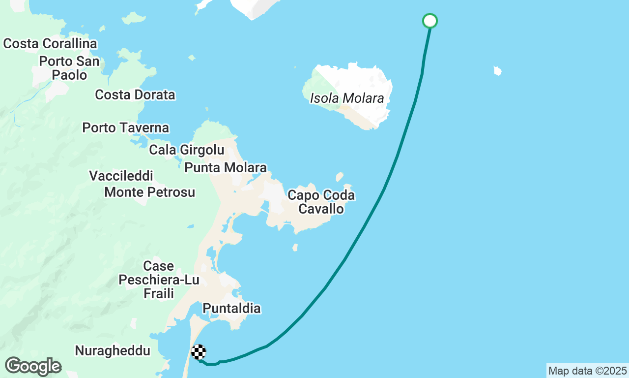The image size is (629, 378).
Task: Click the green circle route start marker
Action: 430,21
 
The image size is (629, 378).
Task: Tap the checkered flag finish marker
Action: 199,352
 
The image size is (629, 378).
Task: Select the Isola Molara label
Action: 347,98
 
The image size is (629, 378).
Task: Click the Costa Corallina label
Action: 50,44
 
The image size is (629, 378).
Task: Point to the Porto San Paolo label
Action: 70,68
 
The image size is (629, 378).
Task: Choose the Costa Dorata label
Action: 135,94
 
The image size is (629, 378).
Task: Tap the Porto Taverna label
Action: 126,128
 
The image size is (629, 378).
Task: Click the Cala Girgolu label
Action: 187,150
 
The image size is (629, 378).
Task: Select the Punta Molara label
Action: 226,168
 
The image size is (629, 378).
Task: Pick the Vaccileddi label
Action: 121,176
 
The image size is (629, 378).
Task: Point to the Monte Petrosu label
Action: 150,192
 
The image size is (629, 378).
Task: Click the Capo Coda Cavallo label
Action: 321,202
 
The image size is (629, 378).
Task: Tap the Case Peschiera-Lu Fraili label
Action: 159,280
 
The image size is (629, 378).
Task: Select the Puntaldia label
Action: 231,309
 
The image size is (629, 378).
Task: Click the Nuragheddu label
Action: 113,351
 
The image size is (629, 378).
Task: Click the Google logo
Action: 32,366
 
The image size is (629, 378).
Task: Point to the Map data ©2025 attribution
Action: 587,371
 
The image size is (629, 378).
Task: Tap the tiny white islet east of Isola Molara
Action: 497,71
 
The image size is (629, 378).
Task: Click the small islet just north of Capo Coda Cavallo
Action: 340,177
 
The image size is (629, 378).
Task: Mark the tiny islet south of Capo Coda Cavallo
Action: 295,247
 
